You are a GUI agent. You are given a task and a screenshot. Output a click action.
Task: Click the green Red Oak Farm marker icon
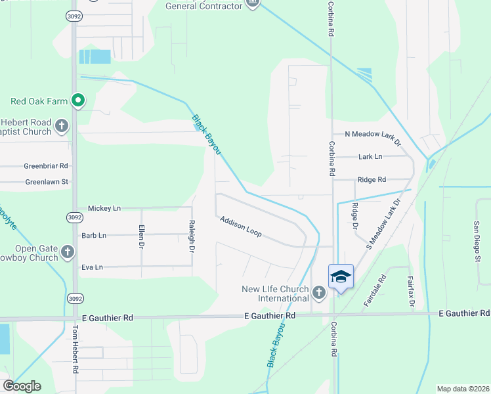point(78,100)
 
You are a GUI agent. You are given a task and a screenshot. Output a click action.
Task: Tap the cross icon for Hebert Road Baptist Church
point(62,125)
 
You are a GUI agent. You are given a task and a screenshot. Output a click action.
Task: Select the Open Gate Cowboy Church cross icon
point(68,252)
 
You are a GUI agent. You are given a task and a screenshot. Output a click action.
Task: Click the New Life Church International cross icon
point(319,292)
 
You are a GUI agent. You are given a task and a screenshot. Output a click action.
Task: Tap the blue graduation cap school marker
point(341,276)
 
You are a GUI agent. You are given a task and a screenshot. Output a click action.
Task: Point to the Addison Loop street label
point(242,227)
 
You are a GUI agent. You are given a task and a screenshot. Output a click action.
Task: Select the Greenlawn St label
point(47,182)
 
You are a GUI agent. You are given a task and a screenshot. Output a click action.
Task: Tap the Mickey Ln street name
point(104,208)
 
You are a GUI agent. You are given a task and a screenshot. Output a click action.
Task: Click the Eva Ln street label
point(92,267)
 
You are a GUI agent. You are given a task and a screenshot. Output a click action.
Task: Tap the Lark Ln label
point(370,157)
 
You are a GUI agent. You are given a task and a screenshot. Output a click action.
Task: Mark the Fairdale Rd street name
point(376,292)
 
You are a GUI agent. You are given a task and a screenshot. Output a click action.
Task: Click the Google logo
point(22,386)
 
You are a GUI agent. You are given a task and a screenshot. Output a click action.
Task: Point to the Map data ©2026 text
point(463,389)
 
